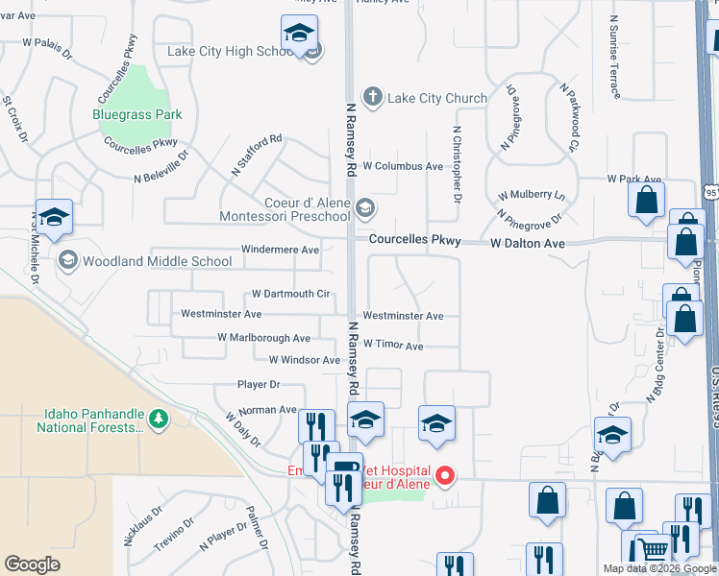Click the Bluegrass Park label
click(x=137, y=114)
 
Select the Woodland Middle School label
click(x=158, y=260)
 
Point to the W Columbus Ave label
click(x=403, y=166)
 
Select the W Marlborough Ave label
click(x=263, y=338)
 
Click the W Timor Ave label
click(x=392, y=346)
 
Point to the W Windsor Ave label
click(x=305, y=360)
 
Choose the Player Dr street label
click(x=259, y=384)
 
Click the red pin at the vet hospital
click(x=444, y=475)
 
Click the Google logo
click(x=32, y=564)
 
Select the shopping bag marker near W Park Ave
click(x=646, y=199)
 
